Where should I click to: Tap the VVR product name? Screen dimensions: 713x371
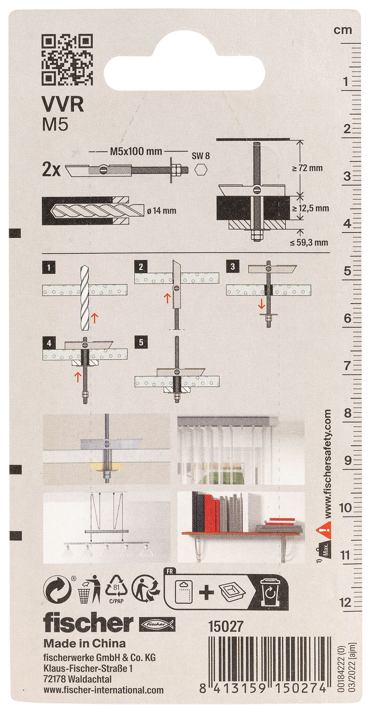[x=63, y=105]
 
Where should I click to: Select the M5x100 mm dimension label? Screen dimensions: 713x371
[x=136, y=151]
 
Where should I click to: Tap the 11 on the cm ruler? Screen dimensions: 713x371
[x=345, y=555]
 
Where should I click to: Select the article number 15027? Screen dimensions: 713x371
[x=225, y=627]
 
